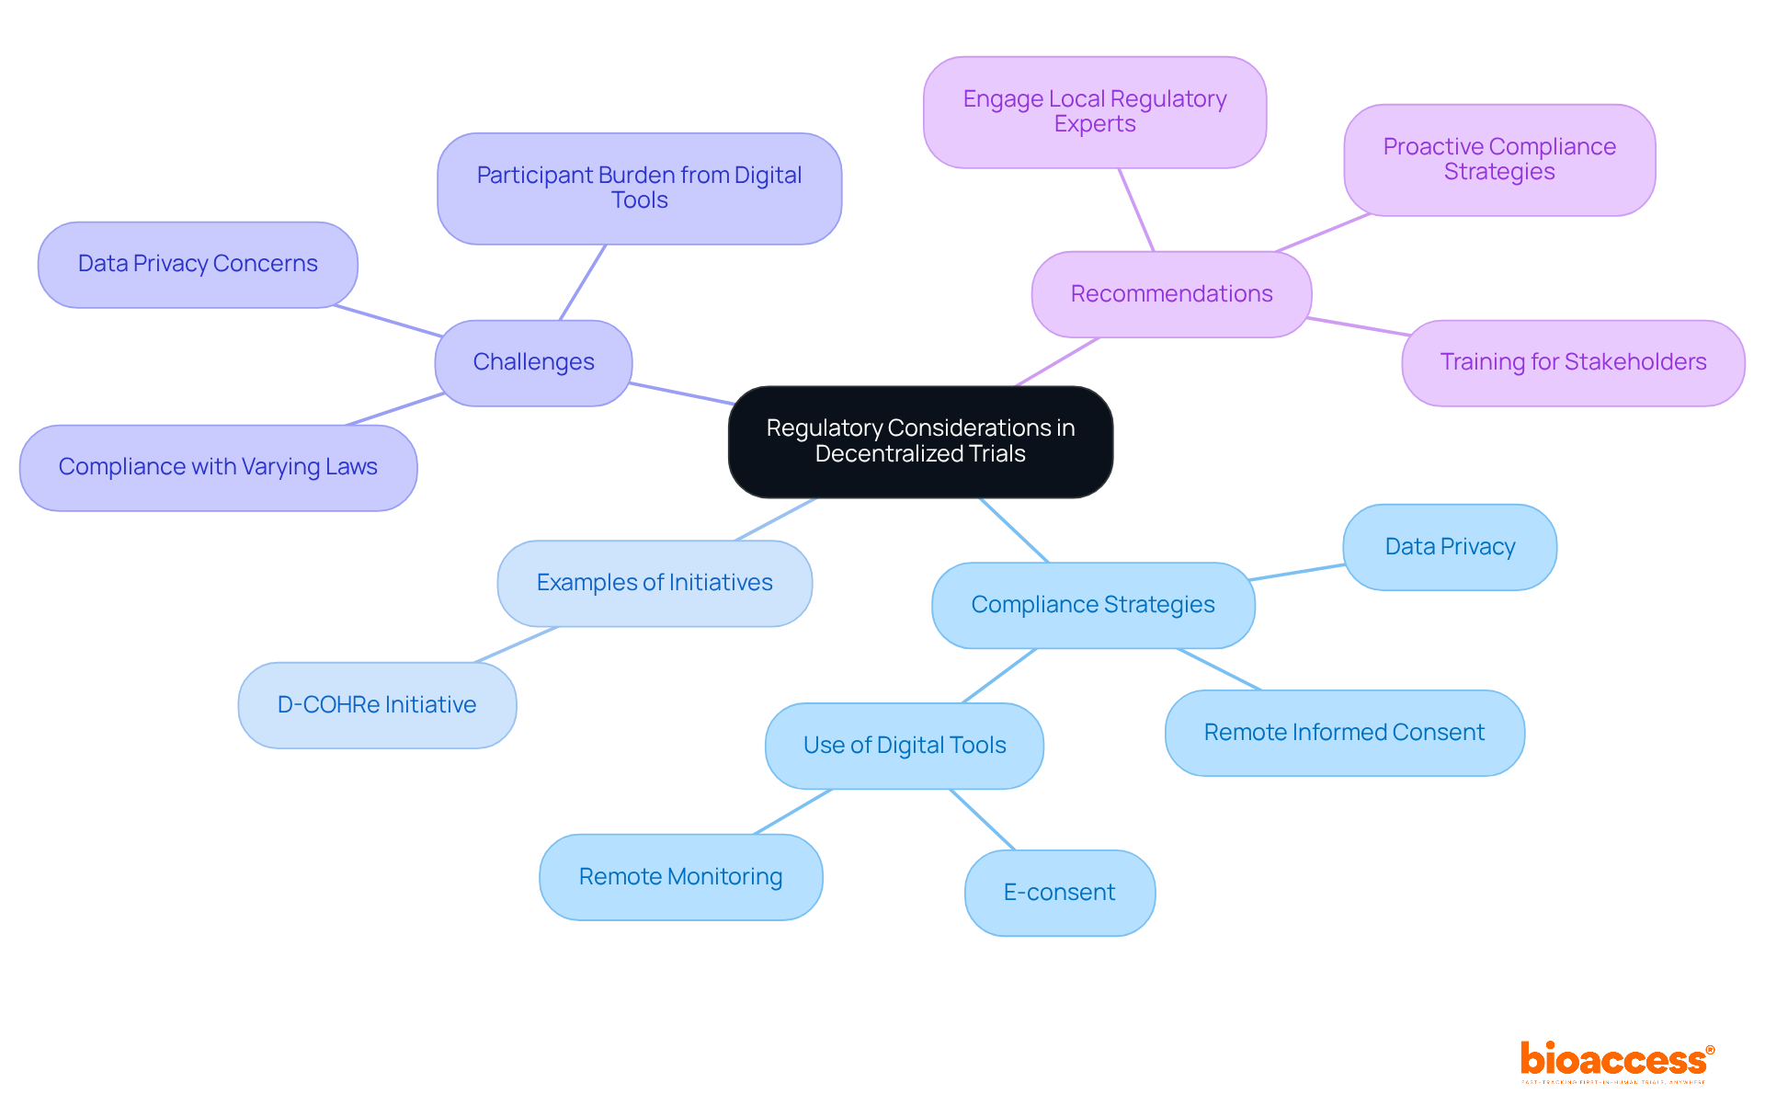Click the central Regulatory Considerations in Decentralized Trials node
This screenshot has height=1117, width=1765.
pyautogui.click(x=920, y=441)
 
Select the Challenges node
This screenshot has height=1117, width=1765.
pyautogui.click(x=533, y=362)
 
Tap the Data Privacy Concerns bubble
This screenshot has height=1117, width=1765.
pyautogui.click(x=198, y=264)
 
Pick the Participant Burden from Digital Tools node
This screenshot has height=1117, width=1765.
pyautogui.click(x=639, y=188)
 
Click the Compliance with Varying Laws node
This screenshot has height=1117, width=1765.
pyautogui.click(x=218, y=467)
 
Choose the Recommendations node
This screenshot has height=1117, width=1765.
pyautogui.click(x=1171, y=294)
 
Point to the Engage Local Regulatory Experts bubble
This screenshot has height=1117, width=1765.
pyautogui.click(x=1094, y=111)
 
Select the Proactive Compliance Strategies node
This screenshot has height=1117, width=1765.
pyautogui.click(x=1498, y=159)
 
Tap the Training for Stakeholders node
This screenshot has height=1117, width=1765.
pyautogui.click(x=1572, y=362)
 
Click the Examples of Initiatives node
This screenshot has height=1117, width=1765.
pyautogui.click(x=655, y=583)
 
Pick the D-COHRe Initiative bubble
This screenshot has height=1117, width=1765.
pyautogui.click(x=377, y=705)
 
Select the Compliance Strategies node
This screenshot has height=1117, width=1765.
pyautogui.click(x=1092, y=605)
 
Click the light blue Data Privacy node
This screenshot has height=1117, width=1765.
pyautogui.click(x=1450, y=547)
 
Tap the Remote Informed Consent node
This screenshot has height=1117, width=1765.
pyautogui.click(x=1344, y=733)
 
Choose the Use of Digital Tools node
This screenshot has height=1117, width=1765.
pyautogui.click(x=905, y=746)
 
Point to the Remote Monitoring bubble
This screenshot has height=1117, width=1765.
pyautogui.click(x=680, y=877)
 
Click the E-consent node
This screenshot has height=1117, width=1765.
pyautogui.click(x=1059, y=893)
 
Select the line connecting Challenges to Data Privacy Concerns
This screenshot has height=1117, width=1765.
pyautogui.click(x=388, y=321)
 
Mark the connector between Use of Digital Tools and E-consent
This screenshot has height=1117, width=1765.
pyautogui.click(x=983, y=819)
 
